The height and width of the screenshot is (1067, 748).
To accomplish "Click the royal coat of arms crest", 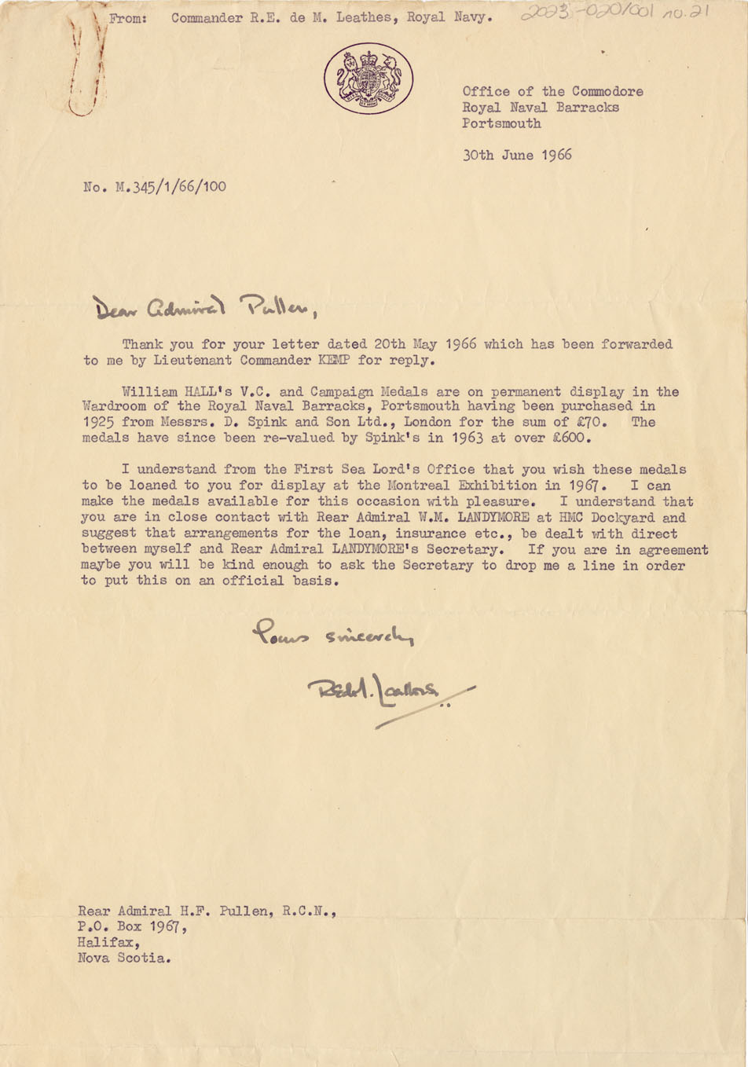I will point(368,79).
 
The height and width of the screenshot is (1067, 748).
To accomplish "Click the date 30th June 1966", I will point(516,155).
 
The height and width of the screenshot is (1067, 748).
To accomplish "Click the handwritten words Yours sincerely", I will point(332,633).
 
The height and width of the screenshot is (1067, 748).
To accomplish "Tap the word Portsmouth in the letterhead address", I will point(501,123).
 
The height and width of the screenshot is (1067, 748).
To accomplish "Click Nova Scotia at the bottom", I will point(123,958).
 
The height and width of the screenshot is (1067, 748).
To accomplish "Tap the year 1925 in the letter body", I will point(97,422).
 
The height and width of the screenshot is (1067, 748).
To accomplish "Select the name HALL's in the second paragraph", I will point(219,391).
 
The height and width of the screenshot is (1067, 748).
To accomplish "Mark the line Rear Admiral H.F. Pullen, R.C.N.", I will point(207,911).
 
